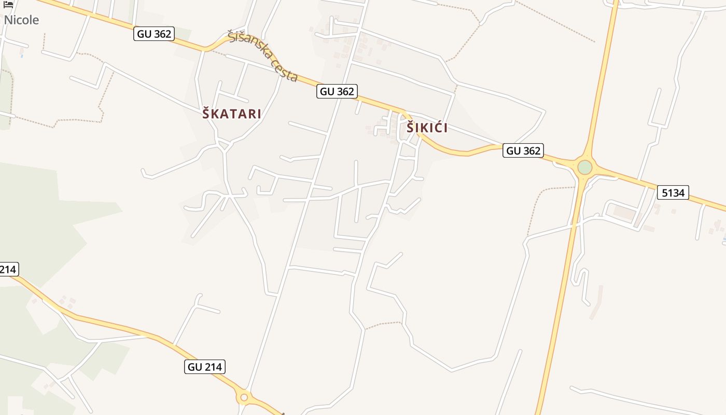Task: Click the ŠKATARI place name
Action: coord(232,114)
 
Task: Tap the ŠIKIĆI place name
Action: coord(427,128)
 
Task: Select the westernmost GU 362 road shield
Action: coord(154,34)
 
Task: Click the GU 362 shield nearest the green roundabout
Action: coord(523,151)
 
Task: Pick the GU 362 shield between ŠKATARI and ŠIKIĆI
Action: coord(337,92)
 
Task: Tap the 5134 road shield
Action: coord(673,193)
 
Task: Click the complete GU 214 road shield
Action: coord(205,367)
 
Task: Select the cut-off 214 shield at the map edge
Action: coord(9,269)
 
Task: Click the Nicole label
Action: coord(21,20)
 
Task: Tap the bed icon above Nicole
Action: coord(8,5)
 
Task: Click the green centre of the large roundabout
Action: coord(584,168)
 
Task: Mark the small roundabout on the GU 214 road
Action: coord(243,398)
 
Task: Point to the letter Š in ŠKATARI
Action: coord(206,113)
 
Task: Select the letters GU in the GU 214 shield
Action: coord(195,367)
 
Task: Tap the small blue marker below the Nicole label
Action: coord(22,56)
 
